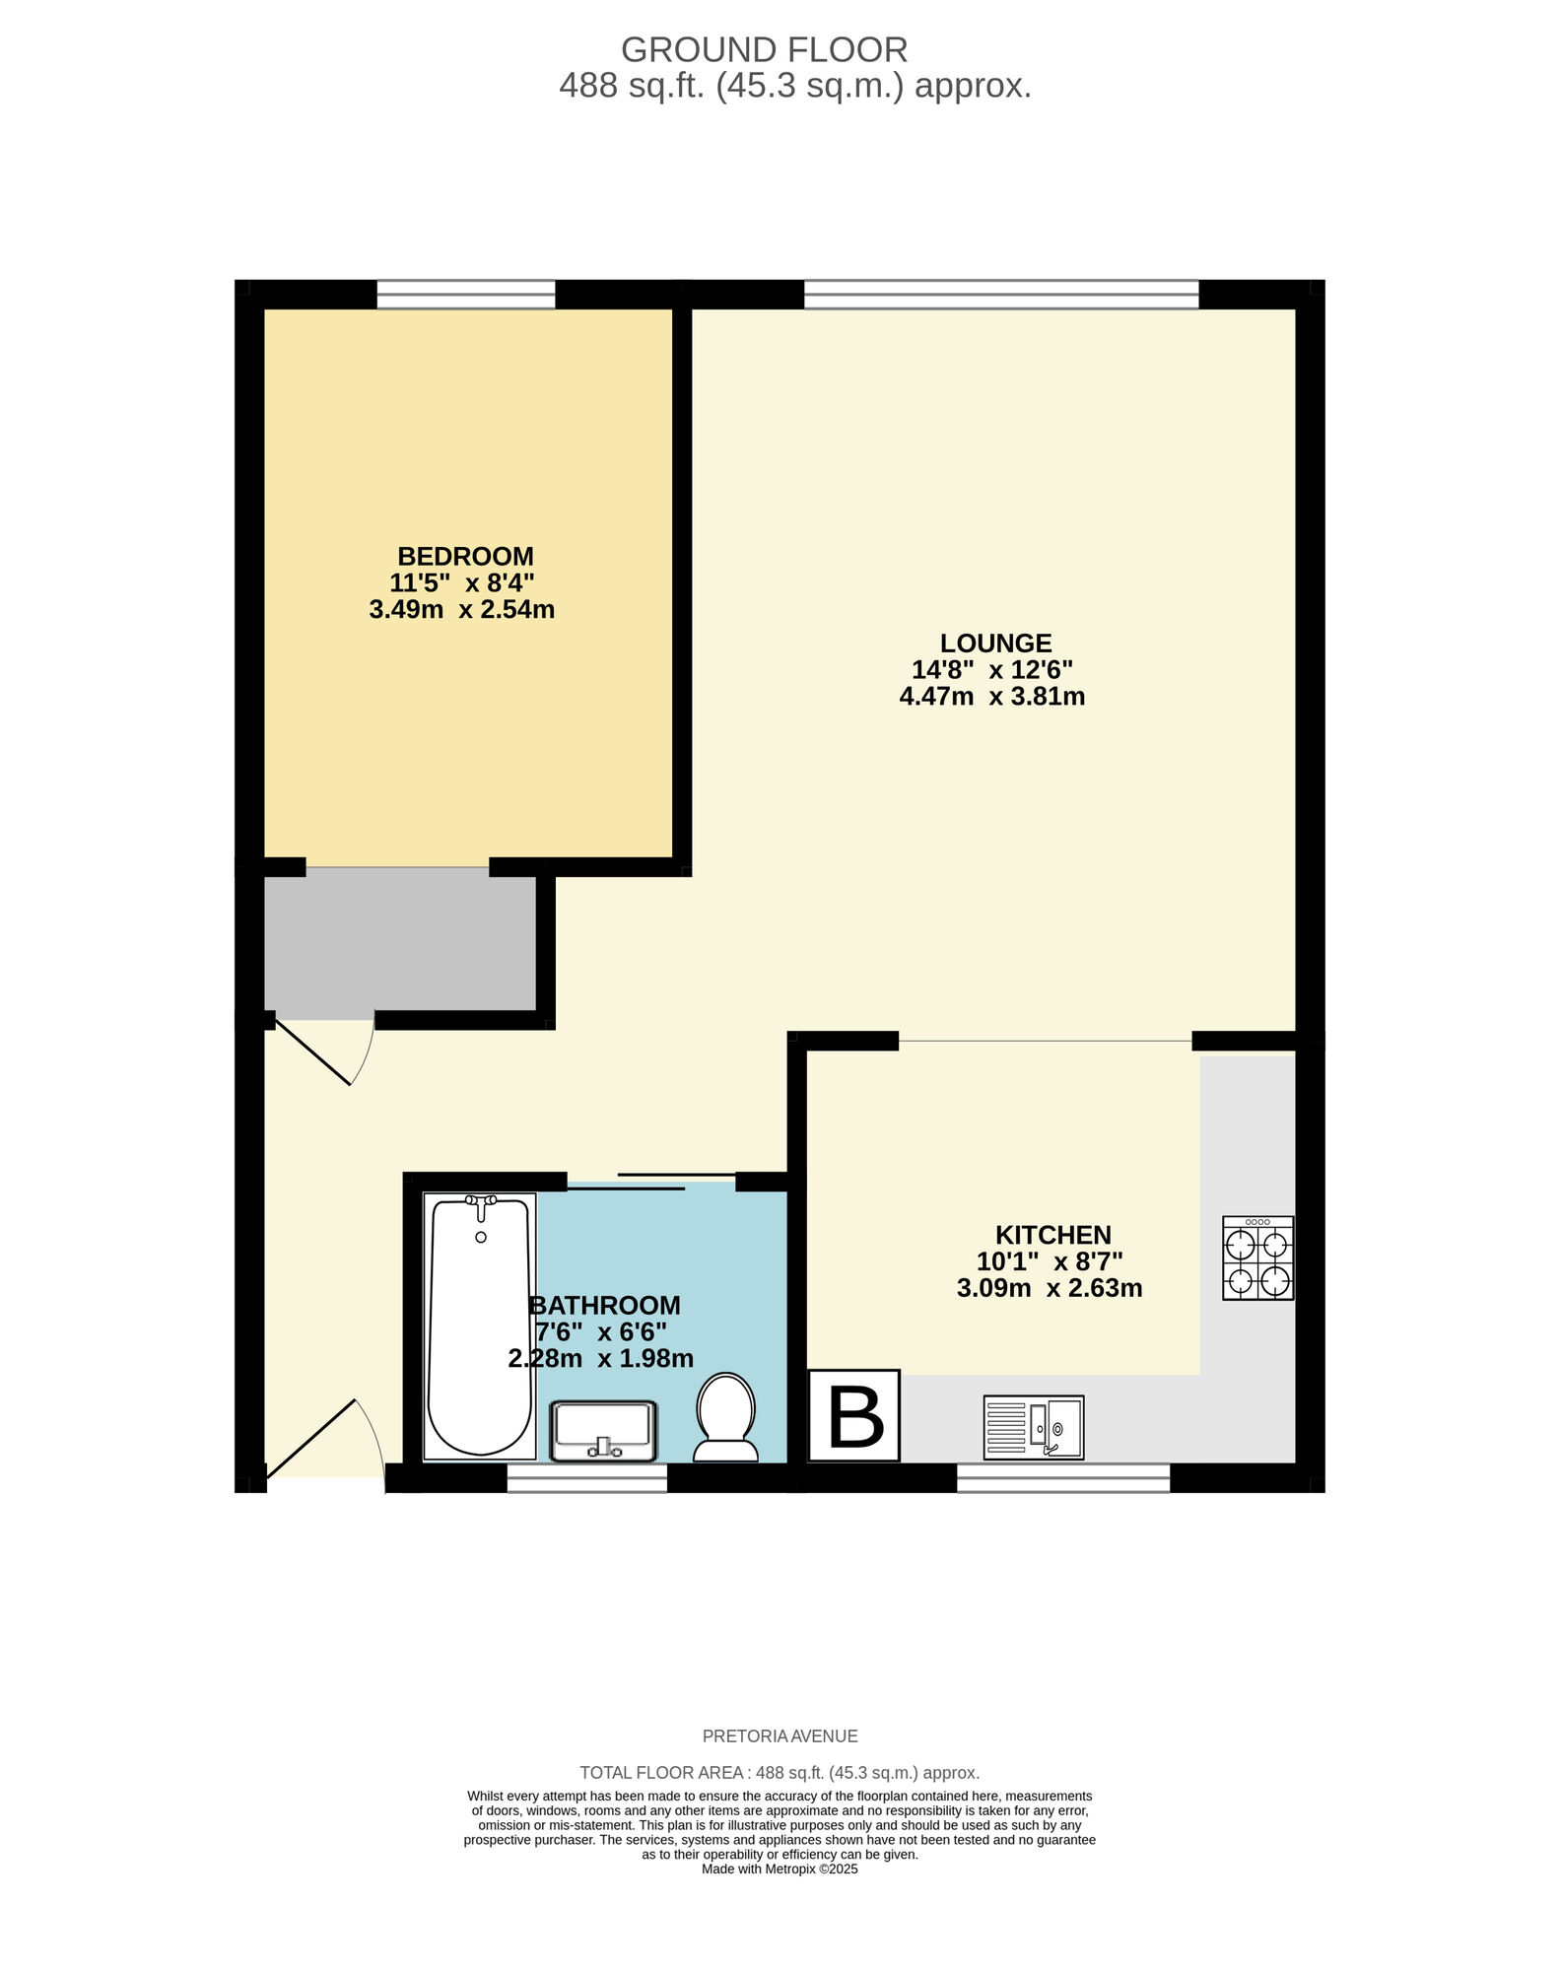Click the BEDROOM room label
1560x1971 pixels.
coord(465,556)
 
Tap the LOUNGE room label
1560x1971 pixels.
coord(995,644)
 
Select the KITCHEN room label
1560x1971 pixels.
coord(1052,1235)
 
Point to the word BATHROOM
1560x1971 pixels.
coord(605,1305)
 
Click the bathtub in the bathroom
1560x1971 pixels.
coord(480,1325)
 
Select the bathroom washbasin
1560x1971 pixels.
coord(603,1431)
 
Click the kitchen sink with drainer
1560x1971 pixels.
coord(1033,1427)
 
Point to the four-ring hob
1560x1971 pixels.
coord(1257,1258)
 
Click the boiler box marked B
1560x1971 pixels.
coord(854,1416)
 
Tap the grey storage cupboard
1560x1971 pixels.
coord(400,944)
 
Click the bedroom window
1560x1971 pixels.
coord(466,294)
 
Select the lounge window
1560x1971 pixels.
coord(1001,294)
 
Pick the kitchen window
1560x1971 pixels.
coord(1063,1477)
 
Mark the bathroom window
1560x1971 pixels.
coord(587,1477)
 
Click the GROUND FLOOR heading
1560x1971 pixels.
coord(764,49)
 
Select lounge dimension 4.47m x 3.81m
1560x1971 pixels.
coord(991,697)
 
